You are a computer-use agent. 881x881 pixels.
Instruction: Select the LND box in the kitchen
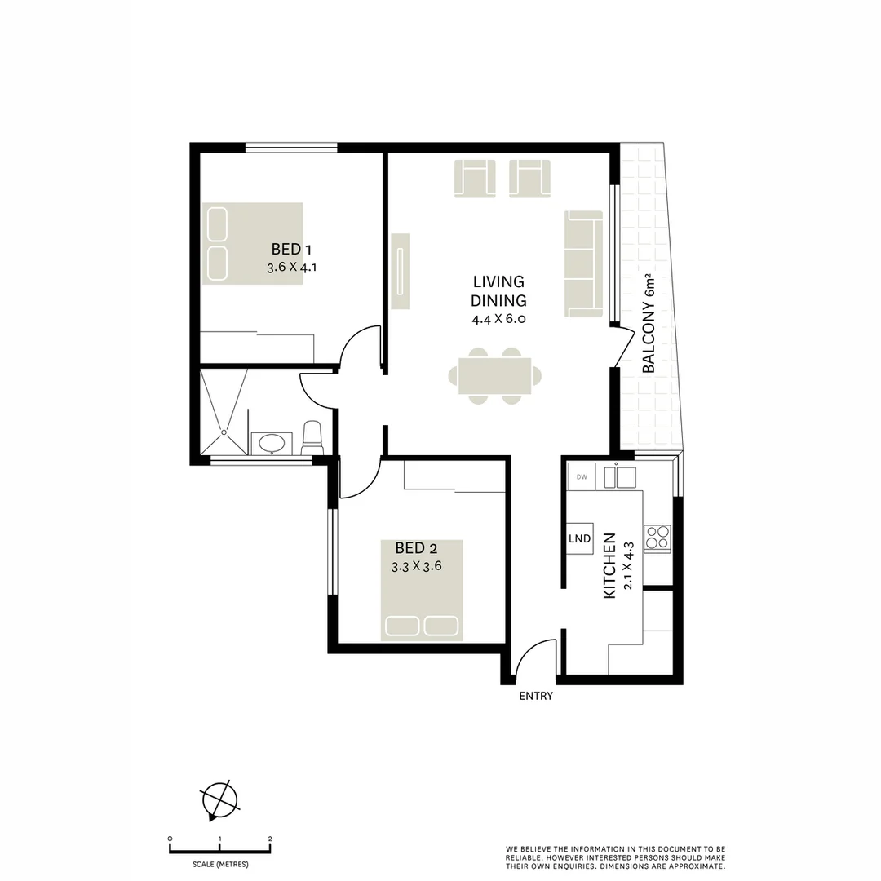tap(580, 538)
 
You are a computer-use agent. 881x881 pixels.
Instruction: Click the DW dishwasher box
tap(582, 476)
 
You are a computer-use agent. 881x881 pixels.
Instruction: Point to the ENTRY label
tap(536, 696)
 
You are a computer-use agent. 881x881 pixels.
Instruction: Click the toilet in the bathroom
tap(312, 439)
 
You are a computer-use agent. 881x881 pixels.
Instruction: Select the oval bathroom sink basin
tap(271, 444)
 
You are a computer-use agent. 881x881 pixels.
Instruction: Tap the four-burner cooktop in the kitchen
tap(657, 538)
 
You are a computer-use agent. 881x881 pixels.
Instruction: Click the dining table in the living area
tap(494, 376)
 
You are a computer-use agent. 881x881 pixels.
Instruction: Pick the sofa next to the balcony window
tap(583, 263)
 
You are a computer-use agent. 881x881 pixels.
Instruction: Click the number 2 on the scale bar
tap(270, 839)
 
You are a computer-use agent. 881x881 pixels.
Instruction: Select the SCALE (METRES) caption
tap(220, 864)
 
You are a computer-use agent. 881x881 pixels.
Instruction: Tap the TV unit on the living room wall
tap(400, 272)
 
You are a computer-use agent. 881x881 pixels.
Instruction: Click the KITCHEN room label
tap(609, 566)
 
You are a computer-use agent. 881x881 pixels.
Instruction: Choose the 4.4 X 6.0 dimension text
tap(498, 319)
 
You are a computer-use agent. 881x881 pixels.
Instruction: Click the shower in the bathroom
tap(224, 412)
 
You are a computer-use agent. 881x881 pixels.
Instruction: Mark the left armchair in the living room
tap(475, 179)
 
